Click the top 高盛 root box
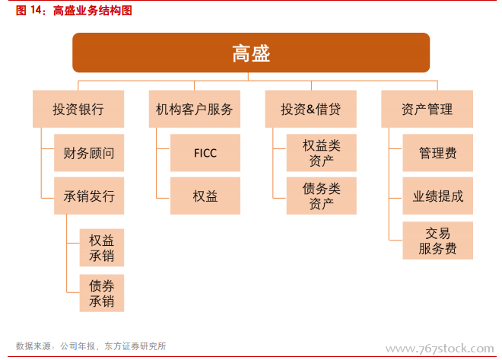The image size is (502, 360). (x=251, y=53)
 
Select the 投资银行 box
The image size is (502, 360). (x=78, y=109)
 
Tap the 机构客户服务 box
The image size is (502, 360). (x=194, y=109)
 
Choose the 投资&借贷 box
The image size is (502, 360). (x=310, y=109)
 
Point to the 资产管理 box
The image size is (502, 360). (x=427, y=109)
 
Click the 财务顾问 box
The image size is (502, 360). (x=89, y=153)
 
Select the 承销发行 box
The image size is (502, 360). (x=89, y=196)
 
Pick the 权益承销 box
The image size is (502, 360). (x=102, y=247)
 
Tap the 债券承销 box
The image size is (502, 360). (x=102, y=293)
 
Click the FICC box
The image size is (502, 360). (x=205, y=153)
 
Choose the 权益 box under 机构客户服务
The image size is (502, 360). (x=205, y=196)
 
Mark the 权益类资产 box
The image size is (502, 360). (x=322, y=153)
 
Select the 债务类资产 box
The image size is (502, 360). (x=322, y=196)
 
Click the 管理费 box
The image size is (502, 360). (x=437, y=153)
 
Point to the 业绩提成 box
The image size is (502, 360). (x=437, y=196)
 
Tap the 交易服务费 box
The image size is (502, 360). (x=437, y=241)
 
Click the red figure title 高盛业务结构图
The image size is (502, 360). (x=93, y=11)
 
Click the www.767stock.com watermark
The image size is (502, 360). (x=440, y=348)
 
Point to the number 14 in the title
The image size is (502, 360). (x=36, y=10)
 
